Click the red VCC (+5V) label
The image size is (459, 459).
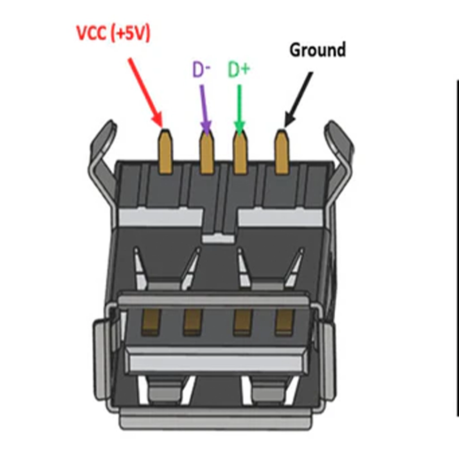[x=113, y=34]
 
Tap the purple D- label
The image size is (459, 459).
[x=201, y=70]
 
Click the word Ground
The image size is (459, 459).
[x=317, y=50]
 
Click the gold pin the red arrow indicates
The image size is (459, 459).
[x=165, y=152]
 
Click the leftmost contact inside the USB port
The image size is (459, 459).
[x=151, y=322]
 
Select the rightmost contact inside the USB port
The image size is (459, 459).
[x=284, y=322]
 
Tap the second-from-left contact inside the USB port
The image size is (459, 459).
[x=193, y=322]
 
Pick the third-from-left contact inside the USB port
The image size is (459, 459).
[x=243, y=322]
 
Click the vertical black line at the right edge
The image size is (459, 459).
[x=457, y=247]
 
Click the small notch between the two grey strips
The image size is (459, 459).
[x=218, y=238]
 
